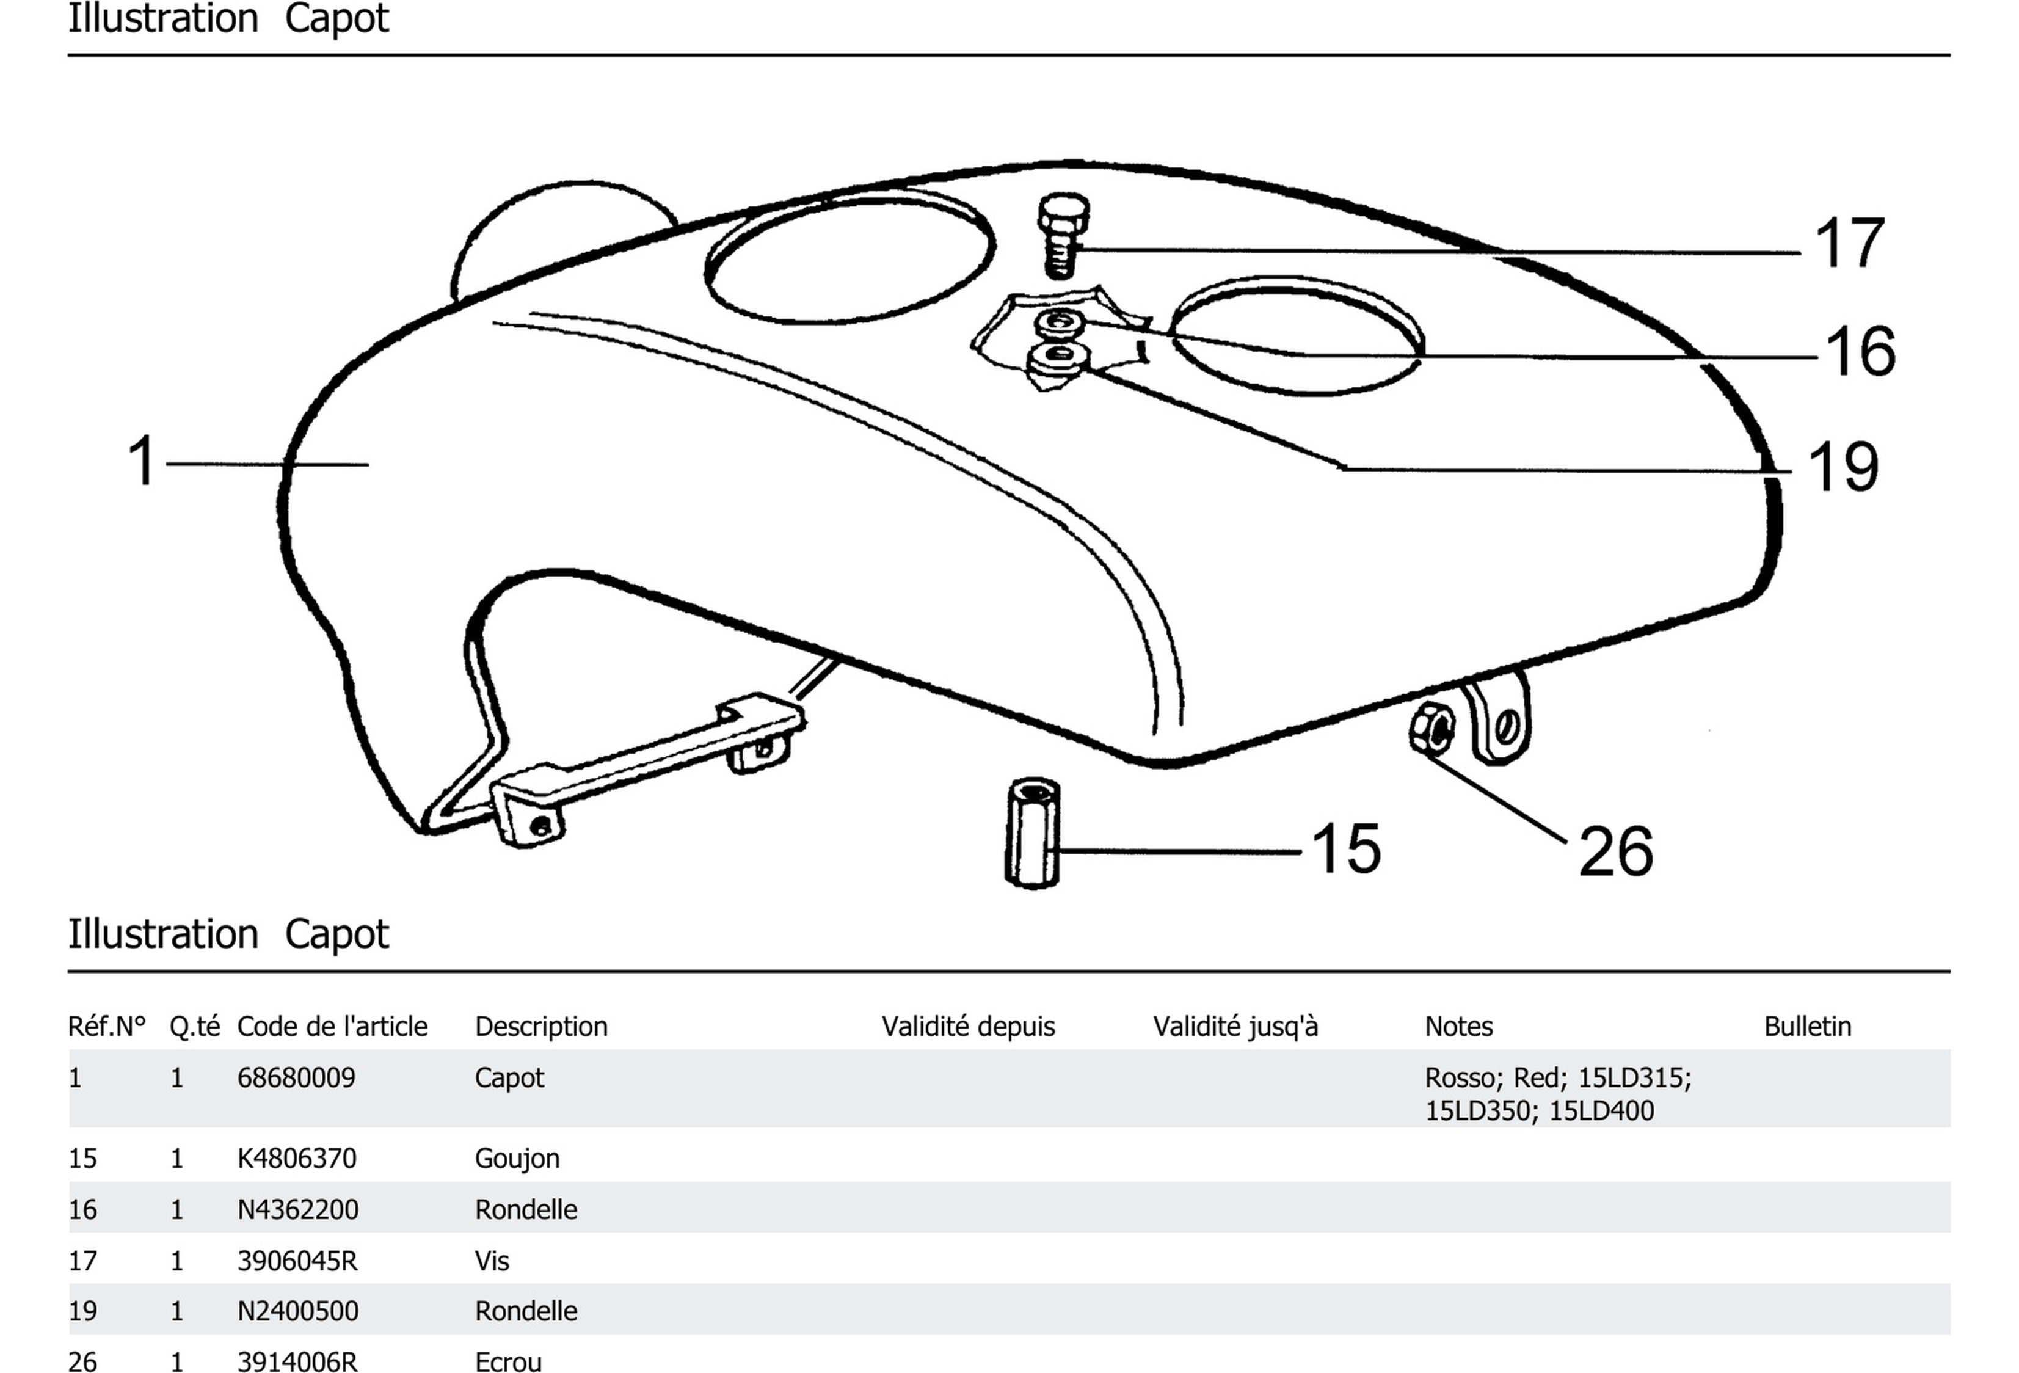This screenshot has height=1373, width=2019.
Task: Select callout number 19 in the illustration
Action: pos(1843,467)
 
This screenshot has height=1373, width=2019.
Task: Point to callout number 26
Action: pos(1615,851)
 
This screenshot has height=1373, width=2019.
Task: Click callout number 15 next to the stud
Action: pos(1346,848)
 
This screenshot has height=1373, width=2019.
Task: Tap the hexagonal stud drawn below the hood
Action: pos(1032,832)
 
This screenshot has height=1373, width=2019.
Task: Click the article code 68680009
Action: pos(296,1077)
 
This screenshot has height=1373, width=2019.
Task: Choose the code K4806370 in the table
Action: pos(296,1159)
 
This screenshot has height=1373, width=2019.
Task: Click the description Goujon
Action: pos(517,1159)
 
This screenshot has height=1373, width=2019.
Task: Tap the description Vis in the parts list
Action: pos(492,1260)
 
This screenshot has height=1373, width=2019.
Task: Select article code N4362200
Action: pos(297,1210)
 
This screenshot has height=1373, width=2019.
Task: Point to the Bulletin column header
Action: pos(1807,1026)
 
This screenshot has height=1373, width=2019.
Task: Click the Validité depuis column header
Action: pos(968,1026)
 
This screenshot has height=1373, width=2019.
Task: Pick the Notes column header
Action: pos(1458,1026)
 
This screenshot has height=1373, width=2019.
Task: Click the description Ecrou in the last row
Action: pos(507,1361)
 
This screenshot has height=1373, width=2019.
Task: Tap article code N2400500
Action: pos(297,1311)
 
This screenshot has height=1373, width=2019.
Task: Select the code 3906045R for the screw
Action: pos(297,1260)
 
